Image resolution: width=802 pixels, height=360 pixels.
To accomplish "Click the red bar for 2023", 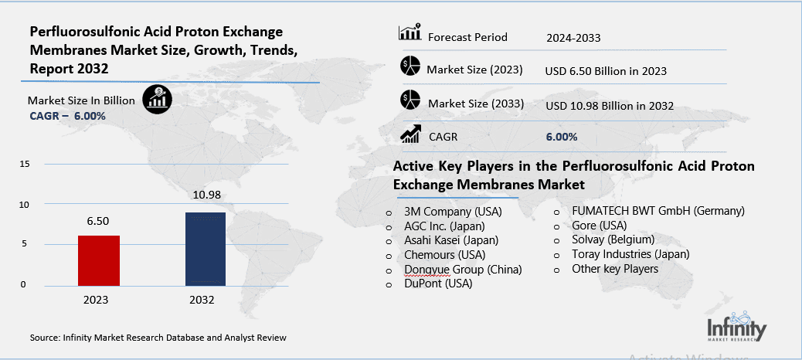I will [x=98, y=260].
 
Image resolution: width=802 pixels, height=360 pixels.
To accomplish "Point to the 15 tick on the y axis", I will [x=25, y=165].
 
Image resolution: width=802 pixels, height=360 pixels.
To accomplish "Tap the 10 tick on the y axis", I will [x=25, y=205].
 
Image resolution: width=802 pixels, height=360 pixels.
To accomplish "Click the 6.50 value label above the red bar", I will [x=97, y=221].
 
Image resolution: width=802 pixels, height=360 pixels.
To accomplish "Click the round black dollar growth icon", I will [x=158, y=98].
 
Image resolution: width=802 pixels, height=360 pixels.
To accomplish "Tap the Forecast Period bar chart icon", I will [x=409, y=33].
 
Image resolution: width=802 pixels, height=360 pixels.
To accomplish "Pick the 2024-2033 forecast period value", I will [x=573, y=37].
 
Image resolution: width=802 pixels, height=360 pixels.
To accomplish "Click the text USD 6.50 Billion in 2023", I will [x=605, y=70].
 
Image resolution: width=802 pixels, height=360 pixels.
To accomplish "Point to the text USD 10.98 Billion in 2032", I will [x=609, y=105].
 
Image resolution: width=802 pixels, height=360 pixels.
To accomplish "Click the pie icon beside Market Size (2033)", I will [x=409, y=100].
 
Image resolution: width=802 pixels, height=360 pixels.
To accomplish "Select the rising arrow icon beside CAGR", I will [x=409, y=134].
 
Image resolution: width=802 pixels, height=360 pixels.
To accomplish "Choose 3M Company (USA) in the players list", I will [x=453, y=211].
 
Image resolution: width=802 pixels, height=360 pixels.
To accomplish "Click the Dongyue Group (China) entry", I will [x=463, y=269].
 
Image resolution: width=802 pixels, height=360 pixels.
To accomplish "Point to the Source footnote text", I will [x=158, y=338].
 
